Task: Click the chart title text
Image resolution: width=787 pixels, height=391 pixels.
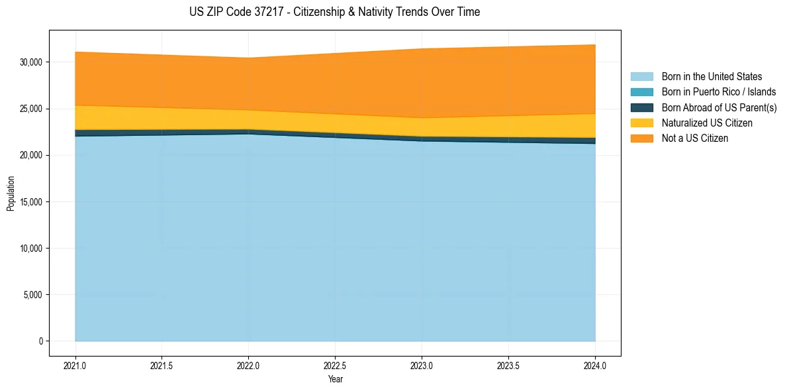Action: click(x=335, y=12)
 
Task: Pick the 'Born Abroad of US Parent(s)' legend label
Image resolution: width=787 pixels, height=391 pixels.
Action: click(x=719, y=107)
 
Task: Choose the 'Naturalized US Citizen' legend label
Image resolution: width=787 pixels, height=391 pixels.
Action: click(x=707, y=123)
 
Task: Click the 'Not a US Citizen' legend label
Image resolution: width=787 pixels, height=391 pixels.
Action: click(x=695, y=138)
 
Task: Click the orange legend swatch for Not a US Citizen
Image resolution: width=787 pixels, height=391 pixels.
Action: click(x=641, y=138)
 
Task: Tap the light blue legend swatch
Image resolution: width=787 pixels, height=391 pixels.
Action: click(x=641, y=77)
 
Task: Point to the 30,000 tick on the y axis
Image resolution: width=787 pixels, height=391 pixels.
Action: click(x=31, y=62)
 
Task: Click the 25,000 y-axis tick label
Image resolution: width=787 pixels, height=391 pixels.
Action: click(x=31, y=109)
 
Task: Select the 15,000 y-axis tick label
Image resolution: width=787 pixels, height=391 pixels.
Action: click(x=31, y=202)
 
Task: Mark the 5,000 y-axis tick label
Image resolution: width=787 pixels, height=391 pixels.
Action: click(x=33, y=295)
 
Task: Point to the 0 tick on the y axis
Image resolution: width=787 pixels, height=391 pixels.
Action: click(x=40, y=341)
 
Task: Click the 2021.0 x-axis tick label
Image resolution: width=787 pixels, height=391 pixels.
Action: click(x=75, y=365)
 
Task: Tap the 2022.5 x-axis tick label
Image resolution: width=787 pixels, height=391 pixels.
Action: click(x=335, y=365)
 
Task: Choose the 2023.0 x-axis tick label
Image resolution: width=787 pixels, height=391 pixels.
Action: click(x=422, y=365)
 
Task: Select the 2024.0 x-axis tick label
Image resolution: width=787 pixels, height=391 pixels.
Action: click(x=595, y=365)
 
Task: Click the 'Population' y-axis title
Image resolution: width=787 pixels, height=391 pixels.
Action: click(x=11, y=194)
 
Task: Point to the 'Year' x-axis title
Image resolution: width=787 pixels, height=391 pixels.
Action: click(x=335, y=379)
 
